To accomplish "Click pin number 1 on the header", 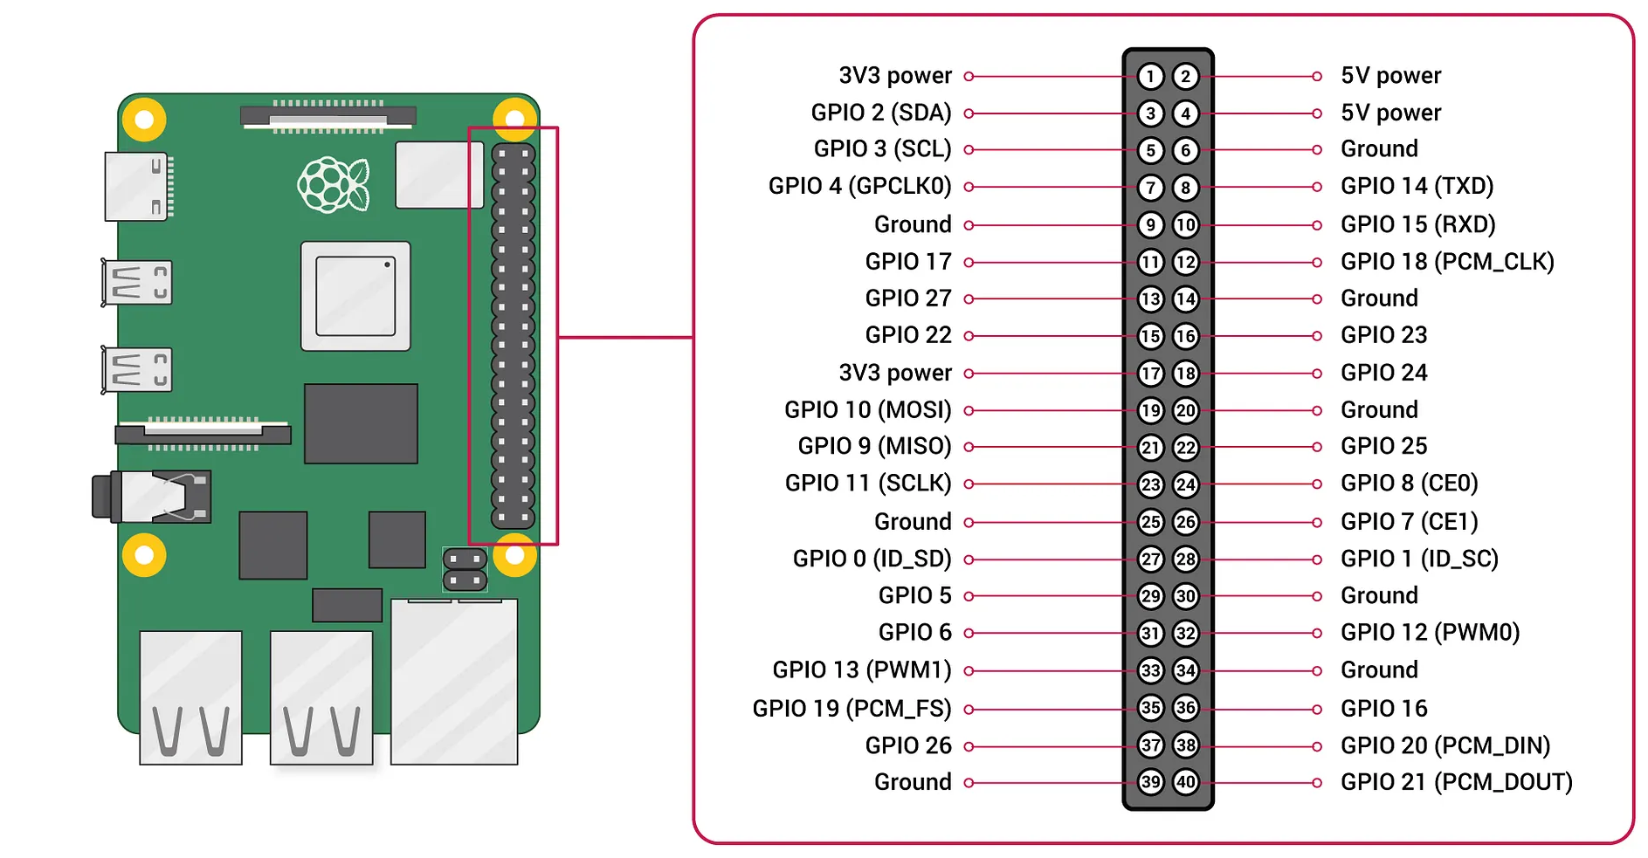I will pos(1150,77).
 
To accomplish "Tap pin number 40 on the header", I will pos(1185,782).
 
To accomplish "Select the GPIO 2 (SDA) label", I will pos(880,113).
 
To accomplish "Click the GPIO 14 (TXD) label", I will pos(1417,186).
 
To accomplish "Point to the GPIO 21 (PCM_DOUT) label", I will pos(1456,782).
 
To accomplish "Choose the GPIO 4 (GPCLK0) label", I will pos(859,186).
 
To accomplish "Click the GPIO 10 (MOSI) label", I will pos(867,409).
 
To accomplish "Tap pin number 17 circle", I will pos(1150,374).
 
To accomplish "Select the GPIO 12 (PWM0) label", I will pos(1430,632).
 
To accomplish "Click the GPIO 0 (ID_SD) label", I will pos(872,559).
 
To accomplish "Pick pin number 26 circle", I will pos(1185,522).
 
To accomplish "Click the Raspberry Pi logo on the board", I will pos(334,184).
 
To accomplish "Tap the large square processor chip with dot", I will pos(355,296).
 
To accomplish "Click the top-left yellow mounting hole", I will pos(144,120).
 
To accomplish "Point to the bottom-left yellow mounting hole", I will pos(144,555).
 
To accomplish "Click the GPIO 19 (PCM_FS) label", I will pos(852,708).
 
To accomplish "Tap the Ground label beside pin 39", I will pos(913,782).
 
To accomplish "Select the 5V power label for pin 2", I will pos(1390,76).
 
